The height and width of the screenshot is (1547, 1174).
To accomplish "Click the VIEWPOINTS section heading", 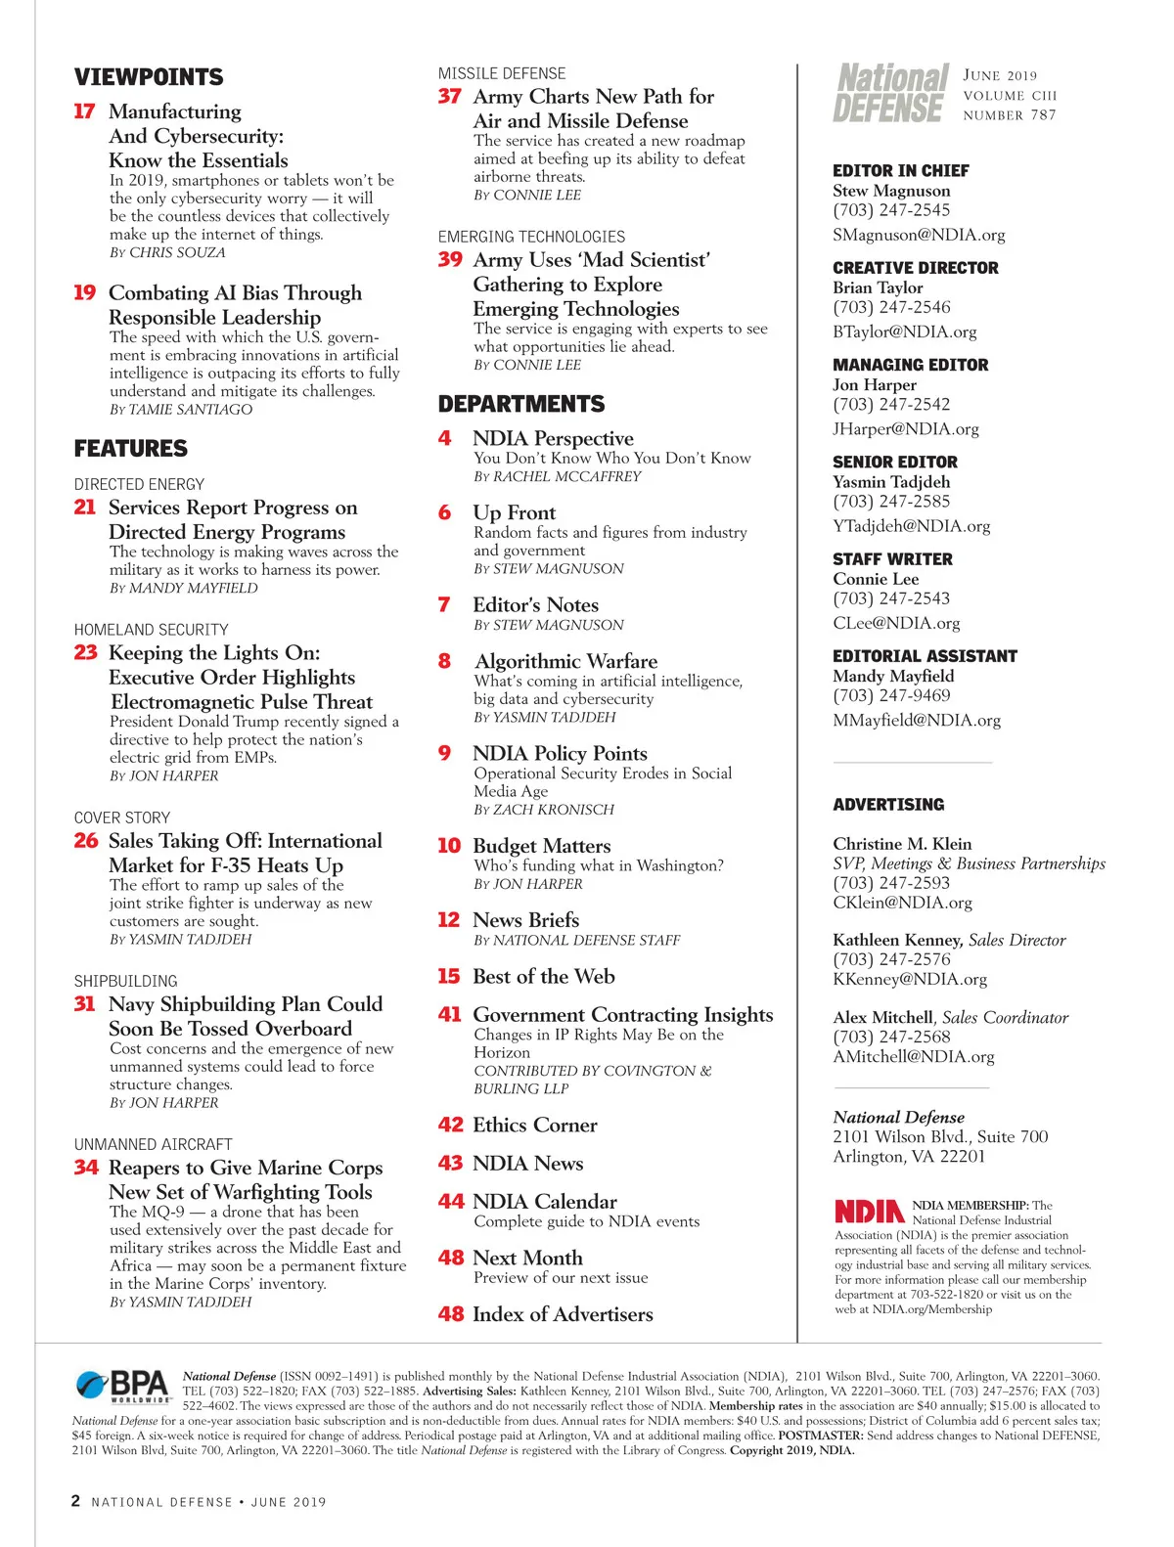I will tap(149, 77).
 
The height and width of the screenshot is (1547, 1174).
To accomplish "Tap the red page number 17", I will tap(84, 111).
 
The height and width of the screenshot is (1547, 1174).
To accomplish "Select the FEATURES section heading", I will tap(131, 449).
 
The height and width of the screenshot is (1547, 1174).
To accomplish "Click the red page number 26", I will tap(86, 841).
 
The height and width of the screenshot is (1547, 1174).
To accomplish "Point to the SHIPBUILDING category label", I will tap(126, 981).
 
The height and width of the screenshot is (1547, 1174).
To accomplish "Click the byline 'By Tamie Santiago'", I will tap(181, 410).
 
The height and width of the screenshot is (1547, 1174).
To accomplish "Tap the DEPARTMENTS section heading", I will tap(521, 404).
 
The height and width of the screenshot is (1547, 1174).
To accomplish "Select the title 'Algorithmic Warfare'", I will tap(565, 661).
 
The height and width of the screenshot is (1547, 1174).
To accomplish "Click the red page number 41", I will tap(449, 1015).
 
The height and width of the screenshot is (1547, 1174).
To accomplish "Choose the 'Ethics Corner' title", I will tap(534, 1126).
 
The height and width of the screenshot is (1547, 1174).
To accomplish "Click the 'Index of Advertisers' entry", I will tap(563, 1314).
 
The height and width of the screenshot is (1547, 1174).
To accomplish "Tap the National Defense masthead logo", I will tap(891, 93).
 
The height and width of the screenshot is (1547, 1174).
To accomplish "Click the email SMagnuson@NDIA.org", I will tap(919, 235).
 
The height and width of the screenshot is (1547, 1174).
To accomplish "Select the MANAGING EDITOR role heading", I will tap(911, 365).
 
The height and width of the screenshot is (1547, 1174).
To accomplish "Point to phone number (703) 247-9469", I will tap(891, 695).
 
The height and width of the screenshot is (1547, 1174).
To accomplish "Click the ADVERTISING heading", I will tap(888, 805).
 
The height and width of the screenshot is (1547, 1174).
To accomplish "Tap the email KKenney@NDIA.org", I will tap(910, 979).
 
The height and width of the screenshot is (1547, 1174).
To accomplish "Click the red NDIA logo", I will tap(869, 1212).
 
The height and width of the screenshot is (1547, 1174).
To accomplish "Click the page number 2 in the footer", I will tap(75, 1501).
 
